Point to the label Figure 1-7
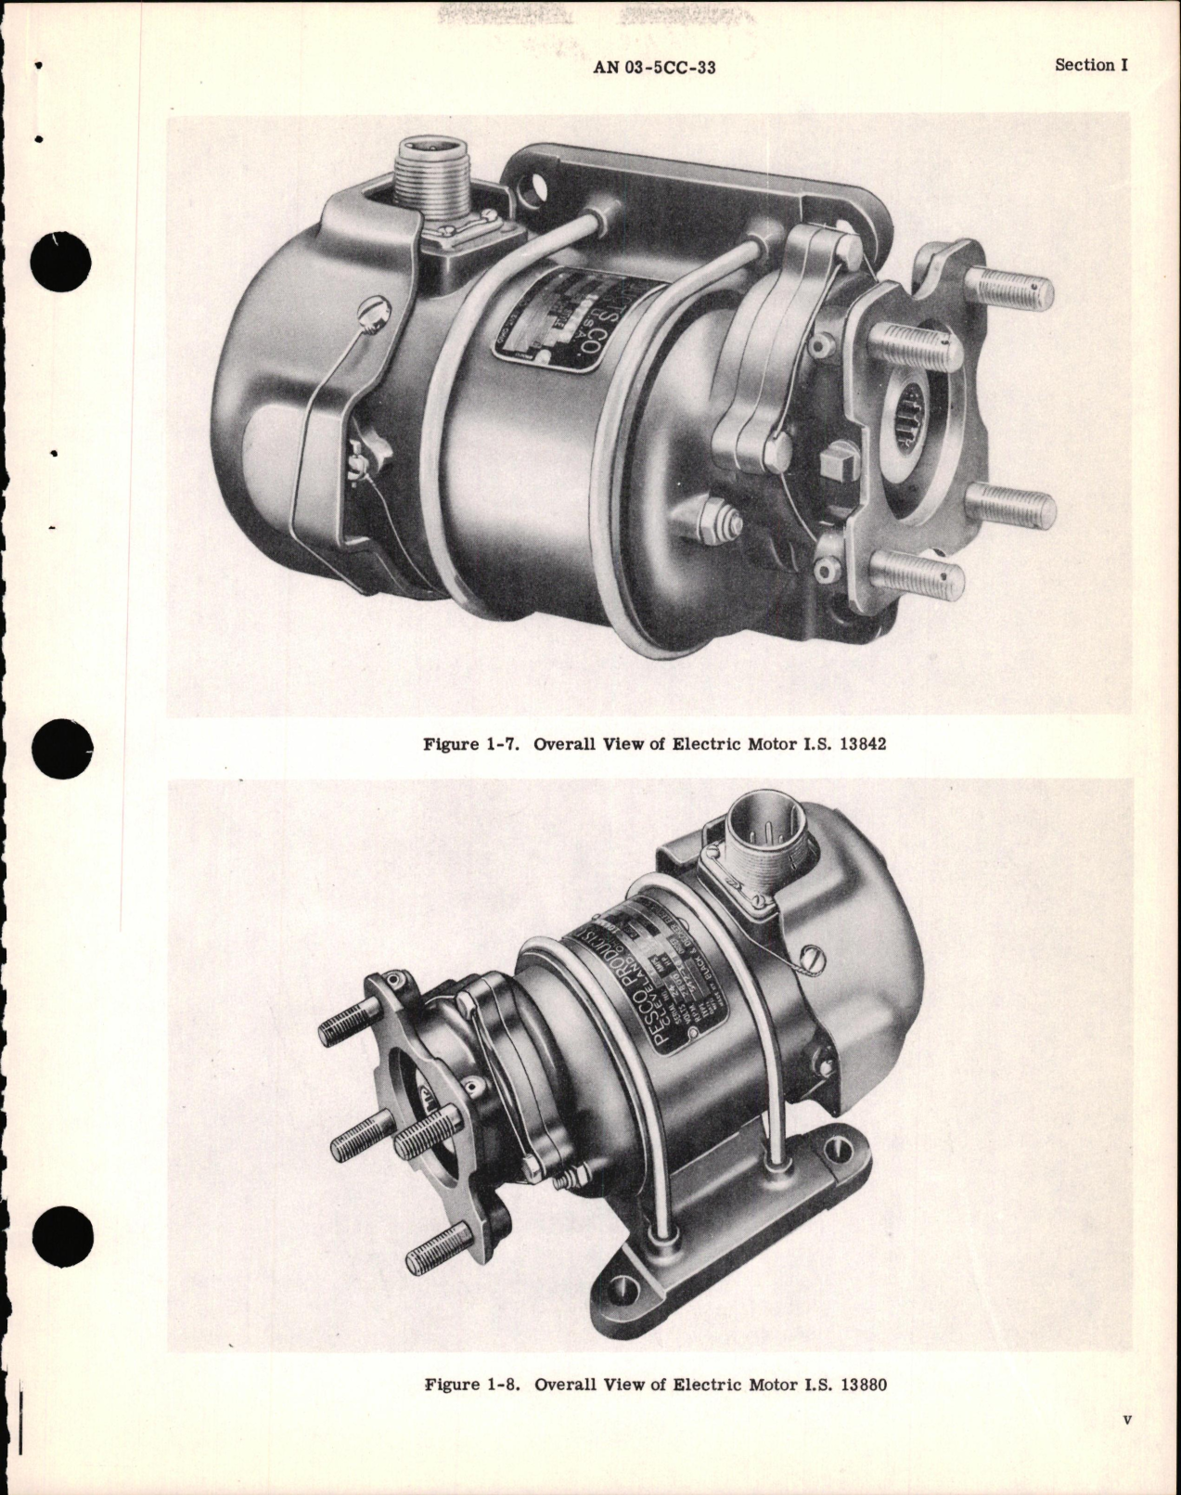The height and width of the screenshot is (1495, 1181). (472, 744)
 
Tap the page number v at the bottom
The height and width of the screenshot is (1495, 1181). (1126, 1445)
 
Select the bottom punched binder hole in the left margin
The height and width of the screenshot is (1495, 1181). (61, 1237)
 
